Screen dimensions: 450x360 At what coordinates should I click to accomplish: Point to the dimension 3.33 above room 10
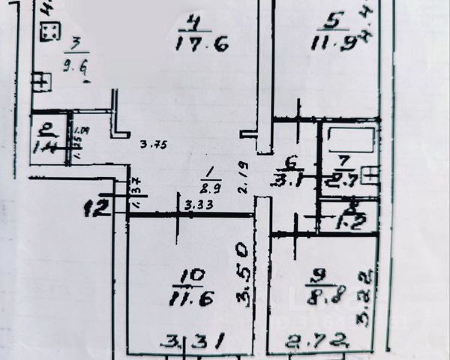[196, 203]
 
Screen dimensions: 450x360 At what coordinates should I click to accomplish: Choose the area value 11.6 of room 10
[193, 297]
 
